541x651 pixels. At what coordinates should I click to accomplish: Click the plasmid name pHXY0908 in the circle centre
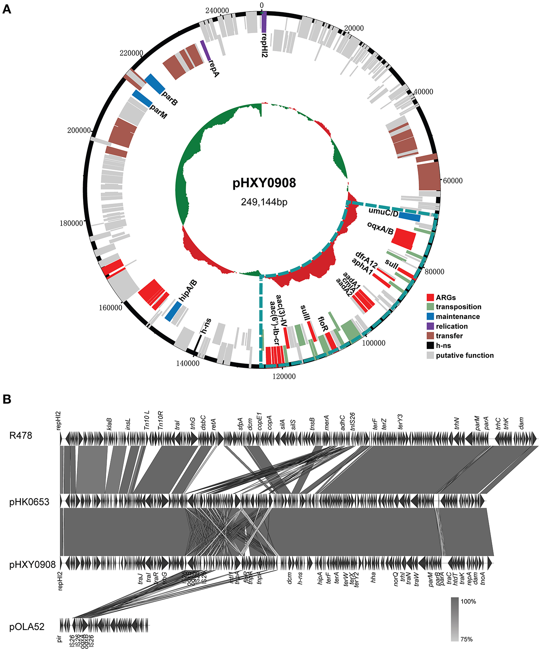[264, 183]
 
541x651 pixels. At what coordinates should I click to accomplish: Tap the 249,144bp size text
[264, 202]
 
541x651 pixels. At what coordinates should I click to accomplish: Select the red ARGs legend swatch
[430, 297]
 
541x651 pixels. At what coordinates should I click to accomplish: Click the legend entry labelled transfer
[449, 336]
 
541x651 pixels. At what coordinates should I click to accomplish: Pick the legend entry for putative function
[464, 355]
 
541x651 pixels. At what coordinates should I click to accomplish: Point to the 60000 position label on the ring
[453, 181]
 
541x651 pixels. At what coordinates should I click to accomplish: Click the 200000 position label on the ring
[79, 130]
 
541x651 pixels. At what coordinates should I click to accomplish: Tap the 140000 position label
[188, 363]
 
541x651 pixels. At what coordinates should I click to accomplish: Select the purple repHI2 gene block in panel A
[264, 22]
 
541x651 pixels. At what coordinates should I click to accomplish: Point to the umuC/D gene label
[383, 212]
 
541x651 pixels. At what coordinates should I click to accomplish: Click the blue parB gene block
[155, 83]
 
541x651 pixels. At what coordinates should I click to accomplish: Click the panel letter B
[7, 399]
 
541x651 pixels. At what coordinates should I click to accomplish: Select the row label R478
[21, 436]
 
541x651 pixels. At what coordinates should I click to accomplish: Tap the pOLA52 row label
[27, 627]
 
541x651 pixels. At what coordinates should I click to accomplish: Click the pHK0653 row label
[29, 502]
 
